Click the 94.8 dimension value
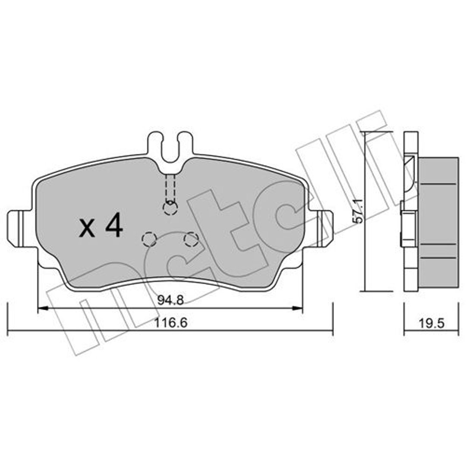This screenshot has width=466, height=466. pos(170,300)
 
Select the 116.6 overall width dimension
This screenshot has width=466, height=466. pos(170,322)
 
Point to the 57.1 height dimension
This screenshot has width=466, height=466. pos(358,211)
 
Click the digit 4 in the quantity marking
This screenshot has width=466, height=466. pos(114,225)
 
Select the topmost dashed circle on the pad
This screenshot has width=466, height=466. pos(170,208)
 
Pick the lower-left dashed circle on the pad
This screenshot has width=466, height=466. pos(149,239)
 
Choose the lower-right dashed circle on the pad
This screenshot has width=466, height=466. pos(191,239)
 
